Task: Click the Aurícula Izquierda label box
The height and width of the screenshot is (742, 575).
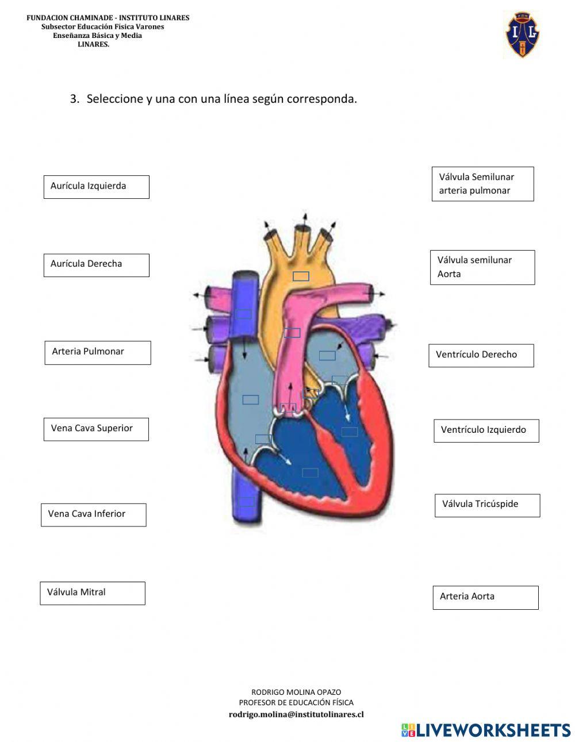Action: [x=96, y=187]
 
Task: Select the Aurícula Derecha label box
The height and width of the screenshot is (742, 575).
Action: [x=96, y=265]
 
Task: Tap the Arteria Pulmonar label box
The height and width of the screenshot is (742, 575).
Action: [x=97, y=352]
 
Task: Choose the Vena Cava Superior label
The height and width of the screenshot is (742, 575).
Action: [x=95, y=429]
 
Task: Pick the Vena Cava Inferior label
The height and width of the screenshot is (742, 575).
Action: [x=93, y=514]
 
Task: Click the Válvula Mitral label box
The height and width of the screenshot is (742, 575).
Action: [x=92, y=593]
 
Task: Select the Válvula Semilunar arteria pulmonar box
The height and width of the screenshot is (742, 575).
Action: [x=482, y=184]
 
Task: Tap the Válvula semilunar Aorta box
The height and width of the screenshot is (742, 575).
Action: [x=482, y=267]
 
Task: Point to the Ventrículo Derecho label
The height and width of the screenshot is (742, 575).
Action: [x=481, y=355]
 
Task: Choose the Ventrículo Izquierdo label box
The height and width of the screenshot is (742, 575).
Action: [x=486, y=430]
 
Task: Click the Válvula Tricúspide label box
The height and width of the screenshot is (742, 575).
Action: [x=487, y=505]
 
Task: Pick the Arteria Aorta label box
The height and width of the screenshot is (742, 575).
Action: [x=485, y=597]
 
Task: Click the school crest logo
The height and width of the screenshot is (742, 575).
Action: [x=522, y=34]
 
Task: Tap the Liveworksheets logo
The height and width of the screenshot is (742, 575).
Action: [x=486, y=730]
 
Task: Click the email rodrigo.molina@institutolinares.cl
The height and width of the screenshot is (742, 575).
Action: [x=296, y=714]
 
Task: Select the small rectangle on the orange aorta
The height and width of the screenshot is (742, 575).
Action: [x=301, y=276]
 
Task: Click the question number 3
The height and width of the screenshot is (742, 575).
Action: [x=74, y=99]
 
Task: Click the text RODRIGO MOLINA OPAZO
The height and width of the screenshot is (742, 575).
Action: [x=296, y=692]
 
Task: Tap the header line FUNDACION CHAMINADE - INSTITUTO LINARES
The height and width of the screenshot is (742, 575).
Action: [x=108, y=18]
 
